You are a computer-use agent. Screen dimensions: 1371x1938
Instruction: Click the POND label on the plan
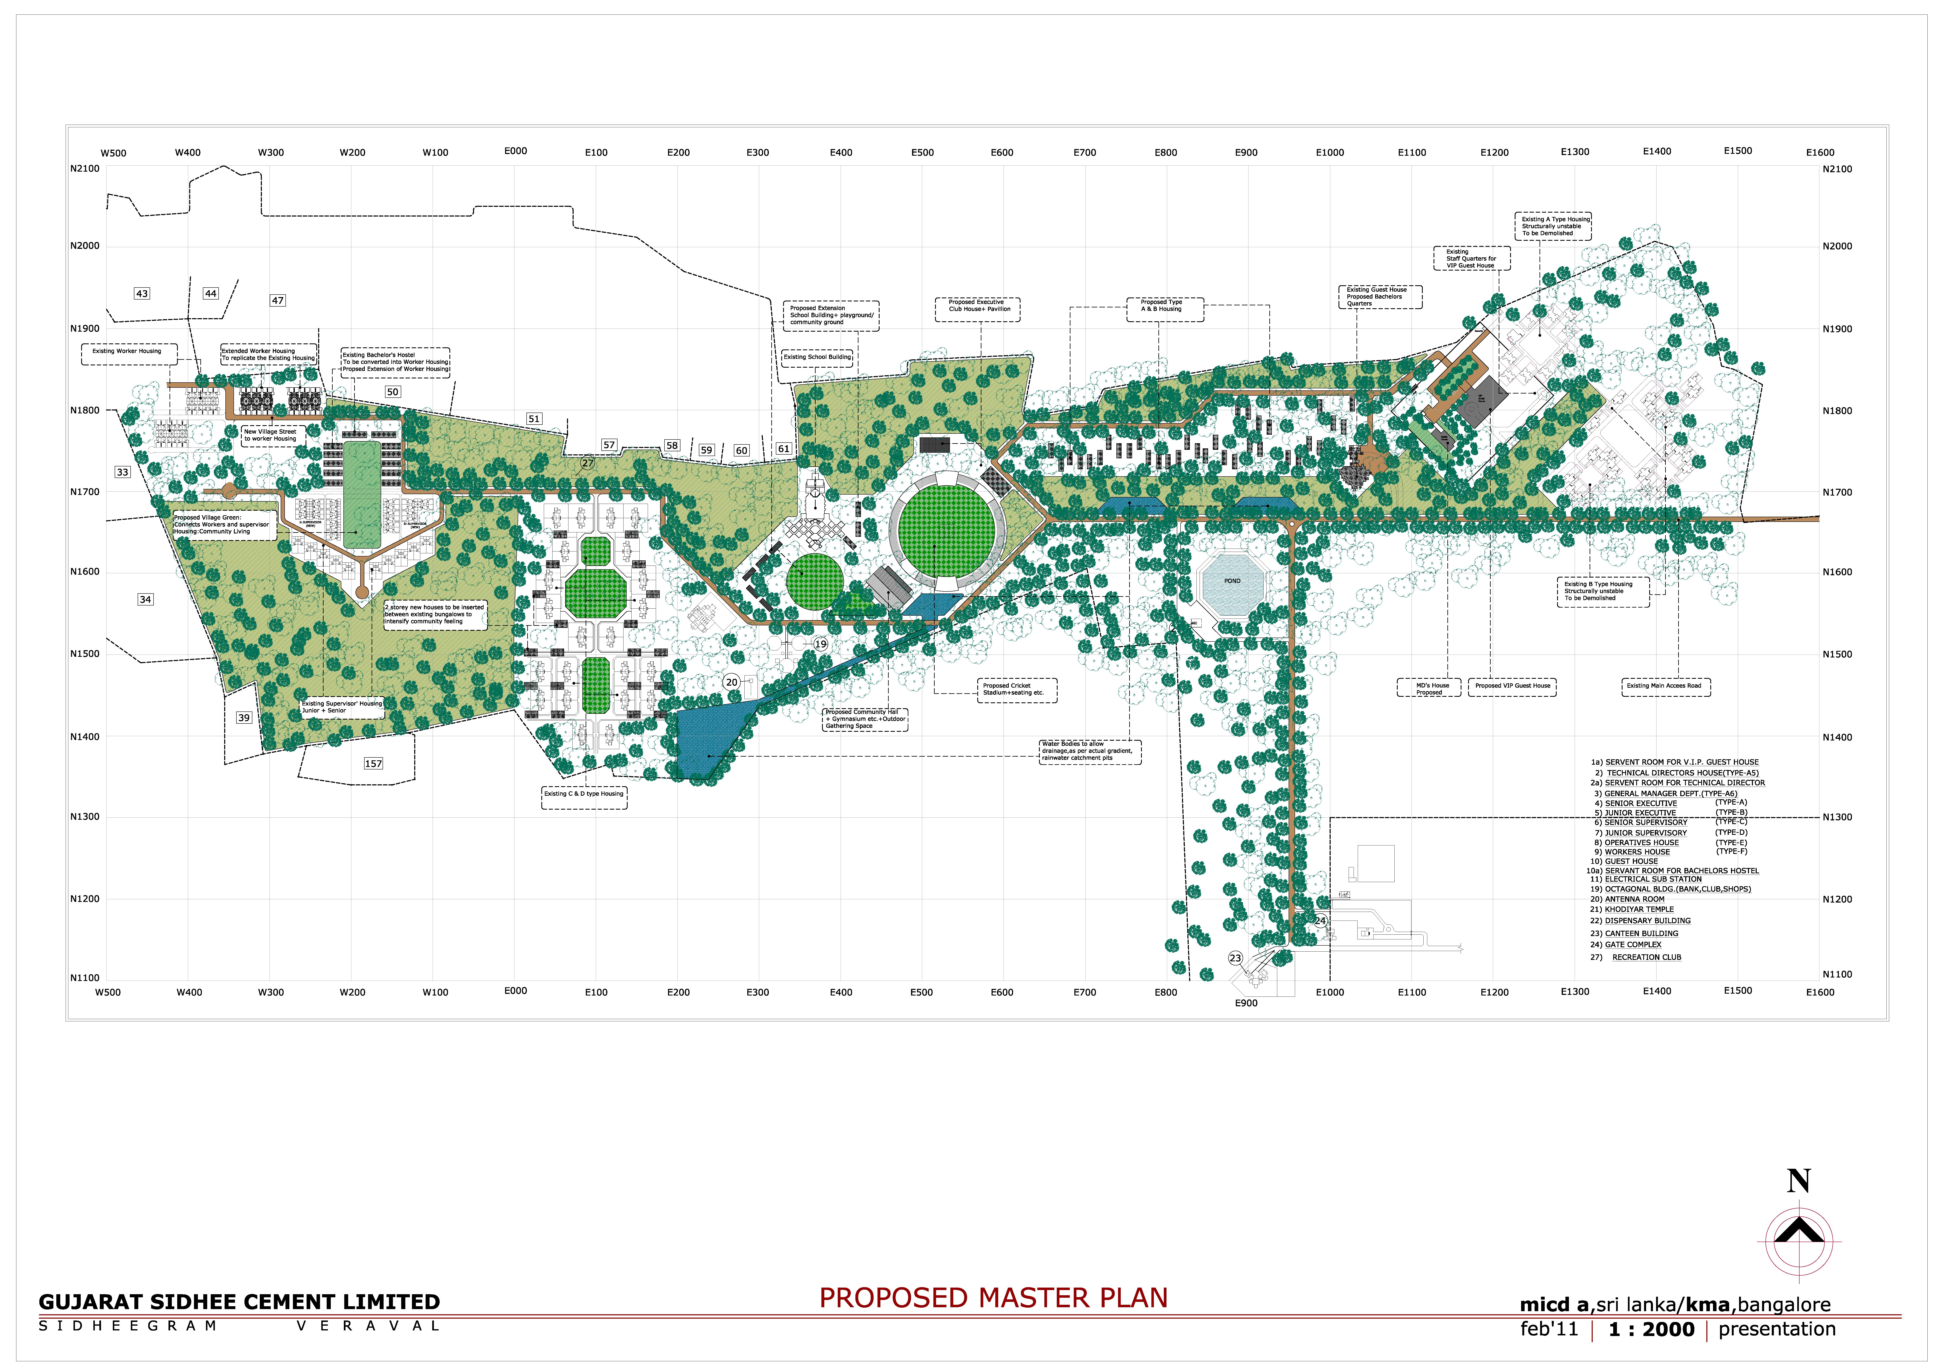(x=1232, y=581)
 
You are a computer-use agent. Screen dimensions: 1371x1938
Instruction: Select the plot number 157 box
(x=373, y=763)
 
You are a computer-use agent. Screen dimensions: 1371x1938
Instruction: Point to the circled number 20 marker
(x=732, y=682)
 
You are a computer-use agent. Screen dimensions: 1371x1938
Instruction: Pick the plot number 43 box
(x=142, y=294)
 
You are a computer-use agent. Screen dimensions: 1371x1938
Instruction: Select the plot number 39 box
(x=244, y=717)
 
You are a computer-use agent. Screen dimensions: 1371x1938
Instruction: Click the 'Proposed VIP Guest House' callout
(x=1513, y=686)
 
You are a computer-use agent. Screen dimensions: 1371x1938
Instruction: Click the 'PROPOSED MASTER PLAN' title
(x=993, y=1298)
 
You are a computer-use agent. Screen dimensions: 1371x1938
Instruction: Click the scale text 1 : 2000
(x=1651, y=1330)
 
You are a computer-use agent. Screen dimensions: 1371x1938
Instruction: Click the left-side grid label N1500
(x=84, y=654)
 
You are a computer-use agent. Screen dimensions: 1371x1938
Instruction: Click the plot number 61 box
(x=783, y=449)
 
